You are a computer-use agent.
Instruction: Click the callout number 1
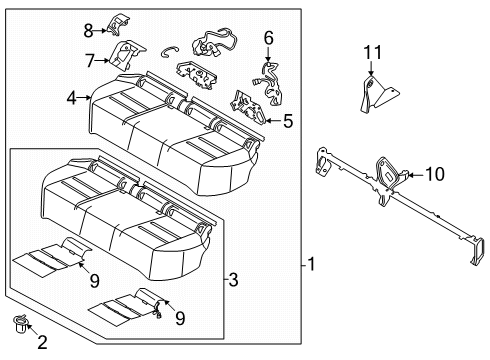tap(312, 265)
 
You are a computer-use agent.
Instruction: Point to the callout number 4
tap(72, 97)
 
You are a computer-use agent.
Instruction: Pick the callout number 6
tap(267, 38)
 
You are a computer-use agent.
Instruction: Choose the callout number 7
tap(88, 61)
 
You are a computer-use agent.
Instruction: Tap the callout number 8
tap(88, 29)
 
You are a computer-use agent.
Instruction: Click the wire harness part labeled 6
tap(265, 78)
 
